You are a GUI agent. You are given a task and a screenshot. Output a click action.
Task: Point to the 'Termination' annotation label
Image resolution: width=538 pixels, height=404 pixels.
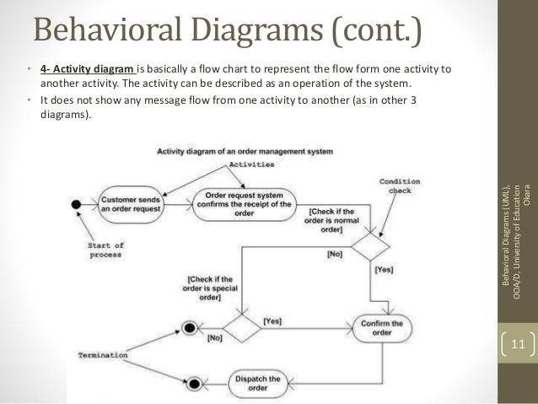pyautogui.click(x=105, y=357)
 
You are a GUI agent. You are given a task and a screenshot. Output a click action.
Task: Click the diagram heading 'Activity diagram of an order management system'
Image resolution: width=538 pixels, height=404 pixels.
pyautogui.click(x=245, y=151)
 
